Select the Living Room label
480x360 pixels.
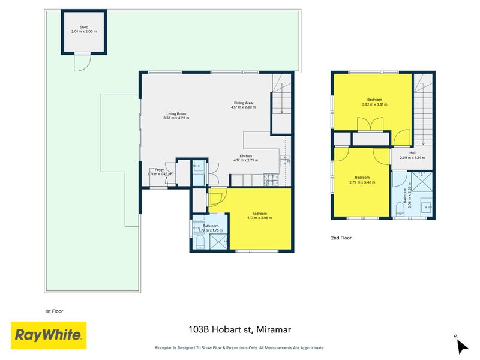(x=176, y=116)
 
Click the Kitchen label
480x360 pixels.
(x=245, y=158)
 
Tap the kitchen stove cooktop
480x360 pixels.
(x=271, y=178)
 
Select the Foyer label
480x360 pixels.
(x=158, y=170)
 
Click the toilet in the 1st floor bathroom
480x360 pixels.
(x=200, y=241)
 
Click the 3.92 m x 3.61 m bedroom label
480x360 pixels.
(x=374, y=101)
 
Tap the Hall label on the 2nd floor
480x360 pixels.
(x=412, y=155)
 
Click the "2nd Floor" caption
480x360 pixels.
(x=341, y=238)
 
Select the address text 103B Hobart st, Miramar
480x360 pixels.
(x=239, y=329)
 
